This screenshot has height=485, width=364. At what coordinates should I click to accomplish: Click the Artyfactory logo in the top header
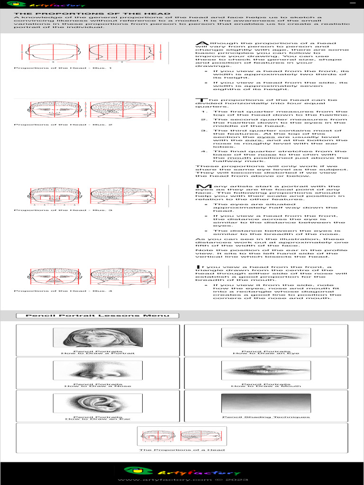[x=43, y=5]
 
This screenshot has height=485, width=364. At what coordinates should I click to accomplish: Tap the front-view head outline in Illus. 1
[x=54, y=52]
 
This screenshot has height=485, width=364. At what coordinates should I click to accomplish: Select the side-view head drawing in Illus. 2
[x=122, y=110]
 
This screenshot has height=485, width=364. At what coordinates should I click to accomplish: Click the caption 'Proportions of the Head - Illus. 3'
[x=63, y=210]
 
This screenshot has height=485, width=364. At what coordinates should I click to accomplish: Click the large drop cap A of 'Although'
[x=200, y=44]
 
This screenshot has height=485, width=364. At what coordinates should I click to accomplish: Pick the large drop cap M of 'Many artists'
[x=200, y=188]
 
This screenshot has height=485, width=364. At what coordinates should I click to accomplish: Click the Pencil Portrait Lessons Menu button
[x=97, y=316]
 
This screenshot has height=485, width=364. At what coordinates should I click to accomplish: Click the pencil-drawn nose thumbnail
[x=98, y=370]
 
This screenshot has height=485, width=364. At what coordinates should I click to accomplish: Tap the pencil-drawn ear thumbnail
[x=98, y=403]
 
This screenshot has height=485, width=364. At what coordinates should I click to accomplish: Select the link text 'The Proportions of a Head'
[x=182, y=449]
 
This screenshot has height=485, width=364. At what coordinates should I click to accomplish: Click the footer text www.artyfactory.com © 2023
[x=182, y=480]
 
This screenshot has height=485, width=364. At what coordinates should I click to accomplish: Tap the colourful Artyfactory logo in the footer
[x=182, y=471]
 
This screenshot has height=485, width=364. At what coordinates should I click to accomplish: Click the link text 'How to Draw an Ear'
[x=98, y=419]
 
